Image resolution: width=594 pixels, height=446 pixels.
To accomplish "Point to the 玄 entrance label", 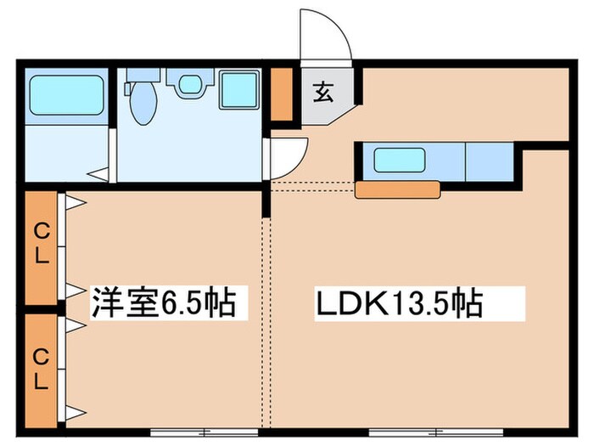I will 325,92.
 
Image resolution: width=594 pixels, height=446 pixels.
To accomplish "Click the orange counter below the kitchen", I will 398,189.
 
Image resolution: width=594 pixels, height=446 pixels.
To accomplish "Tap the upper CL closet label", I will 40,241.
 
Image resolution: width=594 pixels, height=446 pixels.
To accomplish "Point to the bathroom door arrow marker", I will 98,175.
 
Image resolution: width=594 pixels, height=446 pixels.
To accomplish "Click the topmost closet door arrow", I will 74,203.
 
